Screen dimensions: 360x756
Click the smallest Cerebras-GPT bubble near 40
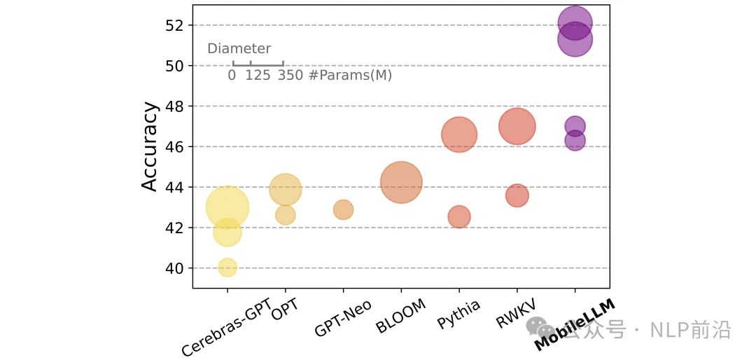point(227,267)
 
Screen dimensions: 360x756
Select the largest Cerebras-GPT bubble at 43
point(227,207)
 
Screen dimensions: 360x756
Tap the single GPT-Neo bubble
point(343,209)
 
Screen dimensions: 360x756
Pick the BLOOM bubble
point(401,182)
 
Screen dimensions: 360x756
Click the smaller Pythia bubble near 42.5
point(458,217)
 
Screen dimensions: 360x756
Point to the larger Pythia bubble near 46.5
point(459,135)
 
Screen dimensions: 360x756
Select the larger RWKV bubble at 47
point(517,127)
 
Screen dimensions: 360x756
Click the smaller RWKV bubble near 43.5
point(517,195)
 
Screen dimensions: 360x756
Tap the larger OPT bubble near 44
point(285,189)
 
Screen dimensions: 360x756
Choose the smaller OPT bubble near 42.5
point(285,215)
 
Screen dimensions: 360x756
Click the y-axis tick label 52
point(174,25)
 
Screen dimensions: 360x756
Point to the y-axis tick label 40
point(174,268)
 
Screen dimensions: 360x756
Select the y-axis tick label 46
point(174,147)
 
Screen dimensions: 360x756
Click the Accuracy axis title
point(150,146)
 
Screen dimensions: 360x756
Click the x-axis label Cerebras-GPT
point(227,328)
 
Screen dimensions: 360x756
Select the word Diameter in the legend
point(239,49)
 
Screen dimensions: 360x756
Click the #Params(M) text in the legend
point(350,75)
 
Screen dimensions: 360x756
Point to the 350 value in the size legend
point(290,75)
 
